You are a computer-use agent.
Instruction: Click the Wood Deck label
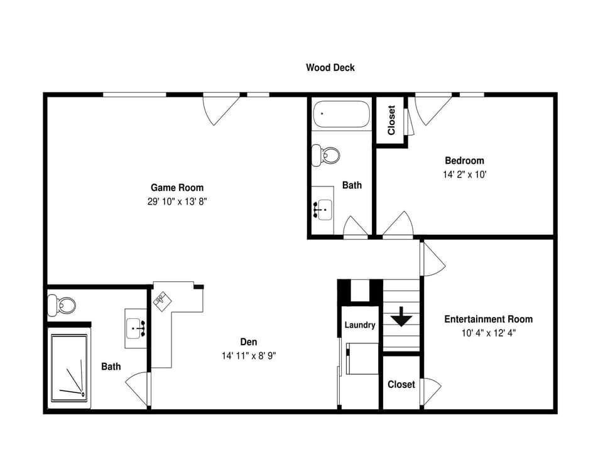pyautogui.click(x=330, y=67)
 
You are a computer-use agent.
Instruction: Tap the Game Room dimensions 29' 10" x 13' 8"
pyautogui.click(x=177, y=202)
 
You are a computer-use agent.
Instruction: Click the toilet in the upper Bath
pyautogui.click(x=327, y=154)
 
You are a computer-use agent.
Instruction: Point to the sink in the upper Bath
pyautogui.click(x=323, y=208)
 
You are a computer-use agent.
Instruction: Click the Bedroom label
pyautogui.click(x=464, y=161)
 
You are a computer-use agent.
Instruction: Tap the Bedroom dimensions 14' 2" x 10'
pyautogui.click(x=464, y=175)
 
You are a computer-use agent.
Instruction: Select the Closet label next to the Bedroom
pyautogui.click(x=391, y=120)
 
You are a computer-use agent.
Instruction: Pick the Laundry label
pyautogui.click(x=360, y=325)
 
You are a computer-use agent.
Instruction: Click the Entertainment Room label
pyautogui.click(x=488, y=319)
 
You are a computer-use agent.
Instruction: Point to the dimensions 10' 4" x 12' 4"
pyautogui.click(x=489, y=334)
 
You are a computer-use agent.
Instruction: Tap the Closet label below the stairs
pyautogui.click(x=401, y=384)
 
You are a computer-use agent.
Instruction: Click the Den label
pyautogui.click(x=249, y=342)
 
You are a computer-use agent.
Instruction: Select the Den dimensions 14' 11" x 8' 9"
pyautogui.click(x=249, y=355)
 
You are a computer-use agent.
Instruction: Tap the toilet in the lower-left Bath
pyautogui.click(x=63, y=306)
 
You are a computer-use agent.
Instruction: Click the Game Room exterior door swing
pyautogui.click(x=219, y=110)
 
